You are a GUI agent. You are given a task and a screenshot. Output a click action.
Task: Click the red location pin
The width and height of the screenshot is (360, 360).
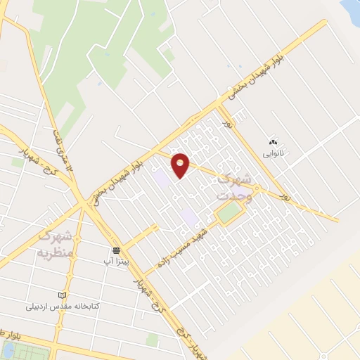click(181, 165)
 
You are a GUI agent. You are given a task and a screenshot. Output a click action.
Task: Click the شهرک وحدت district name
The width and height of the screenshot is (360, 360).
click(236, 184)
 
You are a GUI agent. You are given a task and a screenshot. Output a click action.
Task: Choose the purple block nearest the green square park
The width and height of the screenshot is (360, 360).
click(189, 217)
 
